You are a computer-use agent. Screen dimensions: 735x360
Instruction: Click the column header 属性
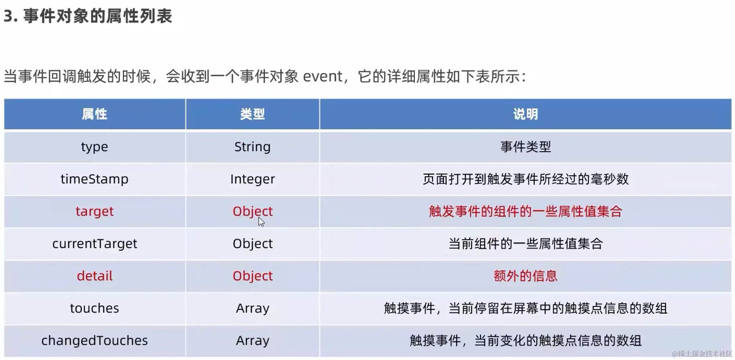[94, 114]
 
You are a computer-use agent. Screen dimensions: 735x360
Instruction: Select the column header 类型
[252, 114]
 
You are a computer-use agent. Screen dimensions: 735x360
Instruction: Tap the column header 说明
[525, 114]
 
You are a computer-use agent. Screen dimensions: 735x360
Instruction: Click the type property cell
[94, 147]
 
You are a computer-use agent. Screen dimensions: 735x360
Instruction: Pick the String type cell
[252, 147]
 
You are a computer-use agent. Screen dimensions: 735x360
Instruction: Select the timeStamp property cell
[94, 179]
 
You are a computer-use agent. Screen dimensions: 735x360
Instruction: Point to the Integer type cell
[252, 179]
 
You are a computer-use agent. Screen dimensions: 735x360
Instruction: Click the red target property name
[94, 211]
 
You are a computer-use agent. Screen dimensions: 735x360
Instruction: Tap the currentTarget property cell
[94, 244]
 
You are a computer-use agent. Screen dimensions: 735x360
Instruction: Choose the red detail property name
[94, 276]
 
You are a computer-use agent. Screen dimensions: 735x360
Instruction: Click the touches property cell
[94, 308]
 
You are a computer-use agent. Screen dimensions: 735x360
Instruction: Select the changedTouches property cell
[94, 340]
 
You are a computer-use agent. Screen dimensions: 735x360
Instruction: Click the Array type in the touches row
[252, 308]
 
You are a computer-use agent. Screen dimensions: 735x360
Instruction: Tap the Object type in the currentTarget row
[252, 244]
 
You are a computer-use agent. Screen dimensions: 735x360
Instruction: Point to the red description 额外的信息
[525, 276]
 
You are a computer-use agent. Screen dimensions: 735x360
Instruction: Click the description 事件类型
[525, 147]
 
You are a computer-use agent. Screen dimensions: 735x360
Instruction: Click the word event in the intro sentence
[322, 77]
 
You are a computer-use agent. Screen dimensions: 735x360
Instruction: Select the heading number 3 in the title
[8, 16]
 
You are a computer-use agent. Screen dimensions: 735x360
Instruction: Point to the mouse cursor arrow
[261, 222]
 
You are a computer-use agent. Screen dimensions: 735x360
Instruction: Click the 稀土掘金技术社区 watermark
[702, 354]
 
